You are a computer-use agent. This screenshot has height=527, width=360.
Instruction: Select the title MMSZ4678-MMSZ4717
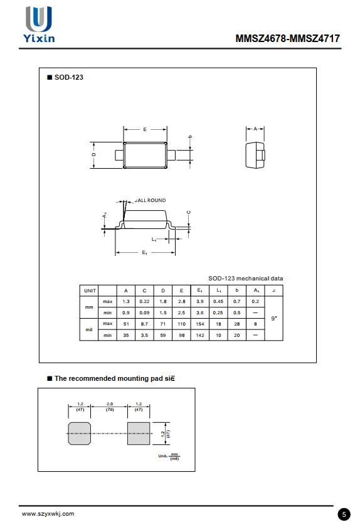tap(288, 38)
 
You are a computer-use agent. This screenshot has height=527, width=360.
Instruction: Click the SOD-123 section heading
tap(68, 77)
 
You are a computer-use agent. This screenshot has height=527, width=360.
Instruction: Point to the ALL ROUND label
tap(151, 200)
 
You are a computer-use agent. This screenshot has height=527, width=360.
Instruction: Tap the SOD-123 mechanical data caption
tap(245, 279)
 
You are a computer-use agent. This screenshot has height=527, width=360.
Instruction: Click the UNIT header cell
tap(90, 290)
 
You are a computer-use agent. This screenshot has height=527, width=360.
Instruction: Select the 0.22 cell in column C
tap(144, 302)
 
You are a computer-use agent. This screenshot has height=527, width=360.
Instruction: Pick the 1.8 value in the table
tap(163, 302)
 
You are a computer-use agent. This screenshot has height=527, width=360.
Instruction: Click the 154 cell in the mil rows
tap(200, 324)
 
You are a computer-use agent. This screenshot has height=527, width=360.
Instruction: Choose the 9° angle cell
tap(274, 318)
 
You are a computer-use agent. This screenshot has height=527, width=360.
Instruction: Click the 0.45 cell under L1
tap(218, 302)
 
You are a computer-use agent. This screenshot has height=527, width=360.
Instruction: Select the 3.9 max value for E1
tap(200, 302)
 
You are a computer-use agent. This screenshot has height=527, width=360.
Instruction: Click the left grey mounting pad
tap(78, 433)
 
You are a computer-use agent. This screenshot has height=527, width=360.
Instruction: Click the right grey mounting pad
tap(139, 433)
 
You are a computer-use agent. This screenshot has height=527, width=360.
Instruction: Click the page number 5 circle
tap(344, 514)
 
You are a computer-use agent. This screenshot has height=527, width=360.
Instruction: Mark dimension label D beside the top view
tap(93, 154)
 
